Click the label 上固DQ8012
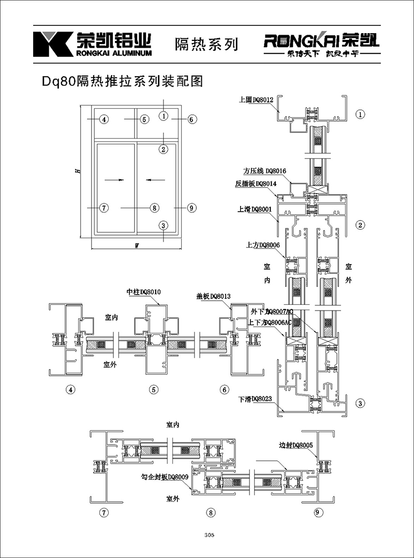coord(256,100)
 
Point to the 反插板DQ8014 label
coord(256,183)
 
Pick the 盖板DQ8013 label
coord(213,296)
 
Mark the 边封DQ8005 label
coord(296,445)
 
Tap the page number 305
coord(210,535)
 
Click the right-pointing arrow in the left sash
coord(114,180)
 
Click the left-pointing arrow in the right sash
coord(155,180)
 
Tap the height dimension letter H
coord(76,170)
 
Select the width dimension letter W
coord(136,246)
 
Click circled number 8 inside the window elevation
coord(154,208)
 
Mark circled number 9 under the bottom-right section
coord(317,513)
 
